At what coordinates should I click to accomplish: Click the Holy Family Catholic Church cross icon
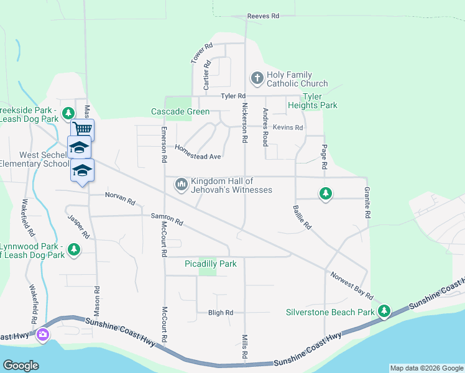pyautogui.click(x=257, y=78)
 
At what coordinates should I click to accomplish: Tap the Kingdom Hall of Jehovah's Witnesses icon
pyautogui.click(x=182, y=185)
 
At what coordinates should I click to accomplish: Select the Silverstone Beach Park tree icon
pyautogui.click(x=384, y=310)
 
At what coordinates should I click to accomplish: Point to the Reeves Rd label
pyautogui.click(x=263, y=16)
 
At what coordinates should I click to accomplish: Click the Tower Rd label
pyautogui.click(x=202, y=53)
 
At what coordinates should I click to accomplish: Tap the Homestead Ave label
pyautogui.click(x=198, y=153)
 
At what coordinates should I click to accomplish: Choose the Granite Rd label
pyautogui.click(x=367, y=204)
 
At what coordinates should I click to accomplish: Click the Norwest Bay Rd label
pyautogui.click(x=351, y=285)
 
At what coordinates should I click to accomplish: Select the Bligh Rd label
pyautogui.click(x=221, y=312)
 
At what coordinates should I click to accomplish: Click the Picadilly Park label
pyautogui.click(x=211, y=264)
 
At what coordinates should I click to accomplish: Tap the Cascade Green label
pyautogui.click(x=180, y=112)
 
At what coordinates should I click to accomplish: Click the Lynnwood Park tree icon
pyautogui.click(x=74, y=250)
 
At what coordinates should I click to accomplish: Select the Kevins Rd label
pyautogui.click(x=287, y=127)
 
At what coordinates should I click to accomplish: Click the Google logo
pyautogui.click(x=21, y=365)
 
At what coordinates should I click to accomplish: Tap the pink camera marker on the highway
pyautogui.click(x=43, y=335)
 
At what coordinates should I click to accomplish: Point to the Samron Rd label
pyautogui.click(x=167, y=218)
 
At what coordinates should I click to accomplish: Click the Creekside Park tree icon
pyautogui.click(x=69, y=114)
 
